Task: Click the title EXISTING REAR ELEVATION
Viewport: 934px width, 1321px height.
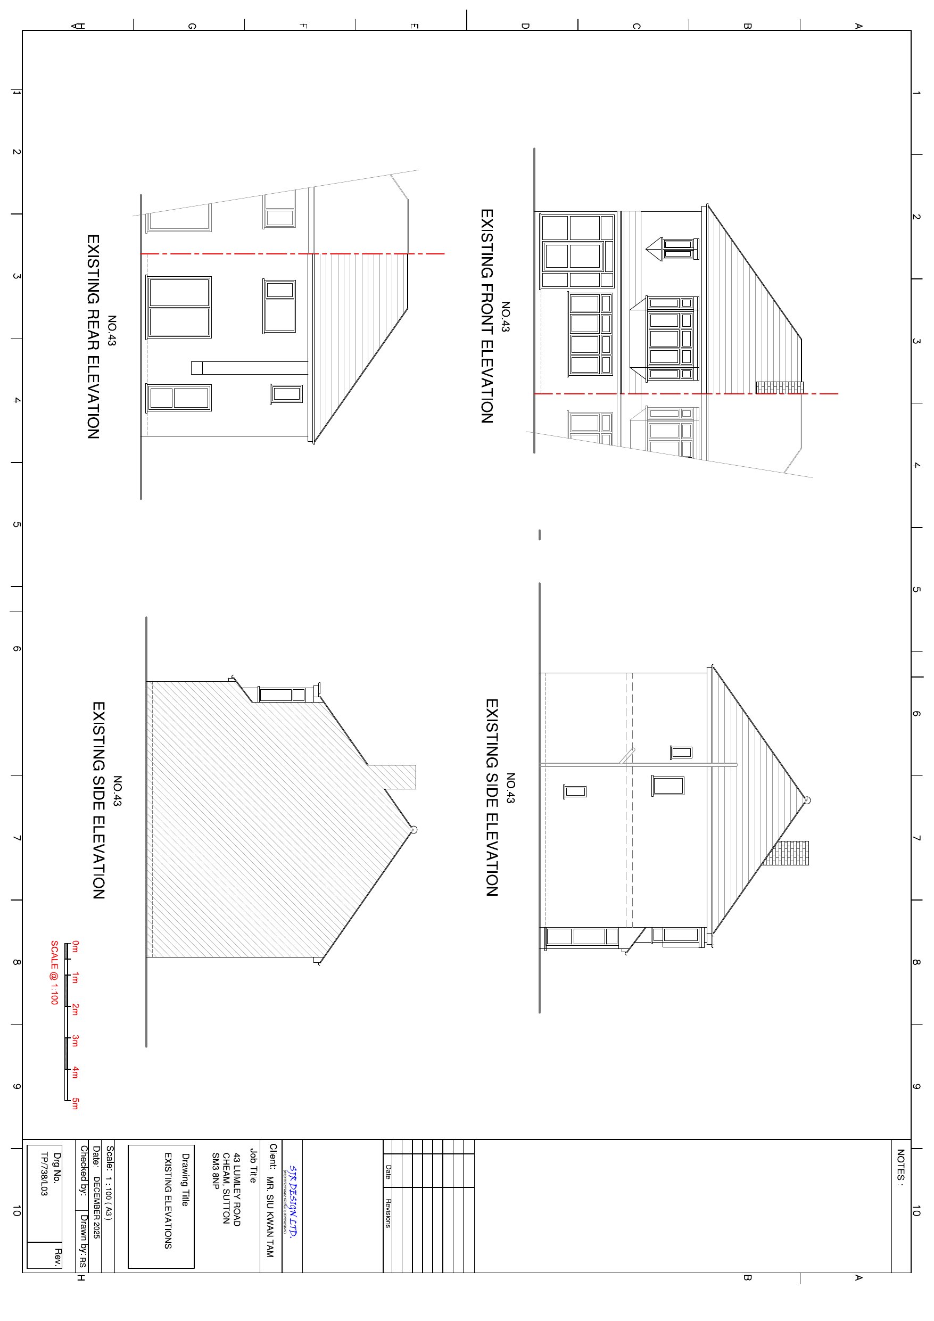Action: [93, 336]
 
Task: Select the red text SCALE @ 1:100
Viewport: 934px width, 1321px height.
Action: [55, 972]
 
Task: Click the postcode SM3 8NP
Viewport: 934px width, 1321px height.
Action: [216, 1170]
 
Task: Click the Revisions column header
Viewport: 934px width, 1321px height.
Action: [389, 1213]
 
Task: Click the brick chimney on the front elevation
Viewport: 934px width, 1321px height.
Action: [779, 387]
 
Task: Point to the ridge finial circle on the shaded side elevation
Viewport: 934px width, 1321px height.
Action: [413, 830]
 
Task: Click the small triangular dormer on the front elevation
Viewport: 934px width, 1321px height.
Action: [655, 250]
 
